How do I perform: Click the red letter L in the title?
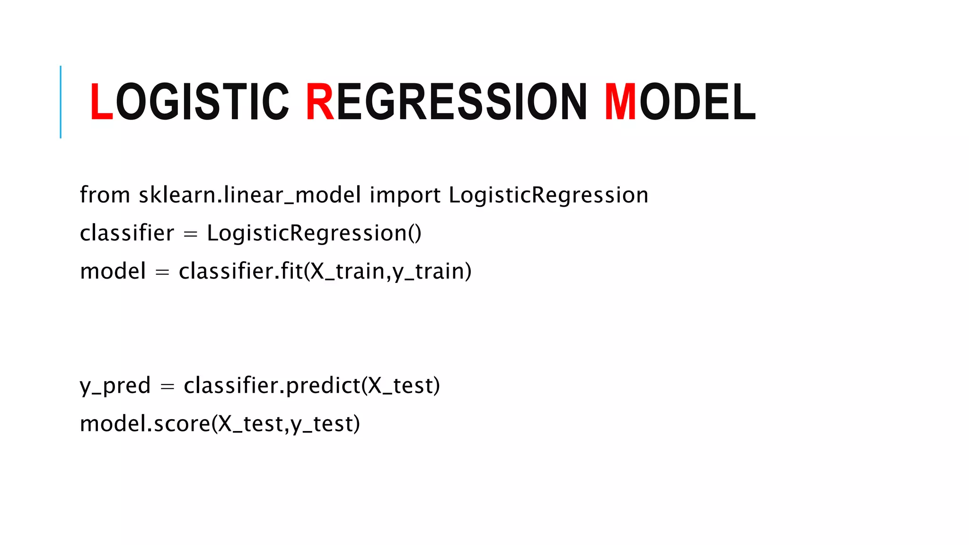point(101,102)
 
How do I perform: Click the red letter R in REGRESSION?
point(320,102)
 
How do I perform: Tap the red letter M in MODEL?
point(621,102)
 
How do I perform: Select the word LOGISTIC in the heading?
point(189,102)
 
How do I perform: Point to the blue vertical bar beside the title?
point(61,102)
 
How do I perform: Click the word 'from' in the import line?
point(105,195)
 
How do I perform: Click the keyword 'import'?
point(405,195)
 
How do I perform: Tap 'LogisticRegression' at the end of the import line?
point(548,195)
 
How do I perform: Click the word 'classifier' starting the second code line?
point(127,233)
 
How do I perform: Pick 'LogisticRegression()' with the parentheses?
point(314,233)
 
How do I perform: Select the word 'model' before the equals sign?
point(113,272)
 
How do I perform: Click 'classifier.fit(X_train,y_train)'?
point(325,272)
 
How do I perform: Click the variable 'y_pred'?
point(115,386)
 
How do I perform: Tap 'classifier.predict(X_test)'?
point(312,386)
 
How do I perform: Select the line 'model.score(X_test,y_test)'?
point(220,424)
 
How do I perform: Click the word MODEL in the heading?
point(679,102)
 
